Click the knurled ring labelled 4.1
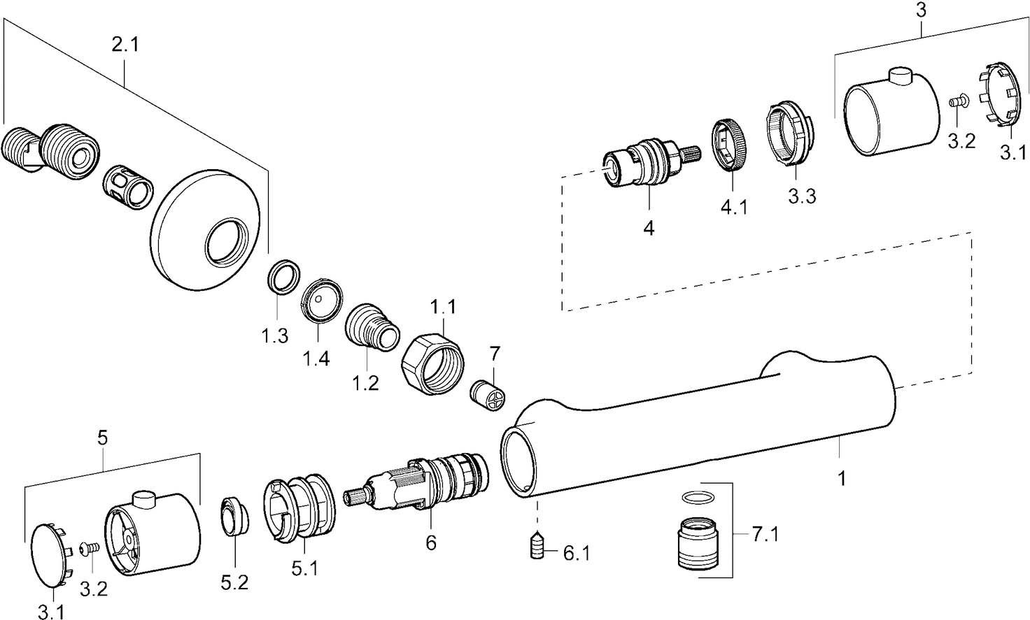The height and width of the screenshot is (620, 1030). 732,145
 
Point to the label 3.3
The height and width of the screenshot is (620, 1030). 801,196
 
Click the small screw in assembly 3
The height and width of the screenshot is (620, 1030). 957,101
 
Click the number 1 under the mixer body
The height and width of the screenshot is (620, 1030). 842,479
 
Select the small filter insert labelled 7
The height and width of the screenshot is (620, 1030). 486,397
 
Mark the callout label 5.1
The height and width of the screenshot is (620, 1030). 305,569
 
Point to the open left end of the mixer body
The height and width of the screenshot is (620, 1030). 519,462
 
